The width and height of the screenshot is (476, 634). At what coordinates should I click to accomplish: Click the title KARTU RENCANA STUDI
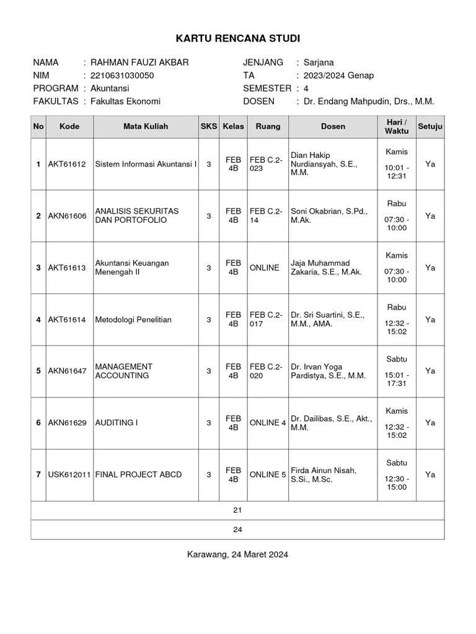238,39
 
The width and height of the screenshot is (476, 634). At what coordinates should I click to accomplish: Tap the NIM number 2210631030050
122,76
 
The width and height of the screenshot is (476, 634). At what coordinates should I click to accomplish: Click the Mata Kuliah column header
145,126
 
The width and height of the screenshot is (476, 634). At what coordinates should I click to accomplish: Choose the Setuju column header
430,126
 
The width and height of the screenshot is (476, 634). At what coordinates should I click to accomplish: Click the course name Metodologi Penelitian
133,319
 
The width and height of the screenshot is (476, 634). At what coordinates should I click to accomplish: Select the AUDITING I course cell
117,423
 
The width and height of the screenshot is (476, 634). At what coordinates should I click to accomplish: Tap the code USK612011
69,475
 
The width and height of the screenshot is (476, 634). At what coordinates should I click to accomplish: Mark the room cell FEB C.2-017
266,319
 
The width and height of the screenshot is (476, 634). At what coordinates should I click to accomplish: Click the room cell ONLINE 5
267,475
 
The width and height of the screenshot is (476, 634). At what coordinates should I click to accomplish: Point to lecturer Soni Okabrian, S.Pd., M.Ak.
328,215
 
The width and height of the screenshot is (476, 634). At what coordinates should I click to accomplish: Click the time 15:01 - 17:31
397,379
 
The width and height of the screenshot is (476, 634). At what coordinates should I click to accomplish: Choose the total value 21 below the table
237,510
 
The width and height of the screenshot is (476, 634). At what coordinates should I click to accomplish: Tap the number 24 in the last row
237,529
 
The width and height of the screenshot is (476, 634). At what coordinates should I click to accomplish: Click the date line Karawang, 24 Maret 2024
237,554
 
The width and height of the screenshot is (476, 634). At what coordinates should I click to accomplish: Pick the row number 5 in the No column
38,371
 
